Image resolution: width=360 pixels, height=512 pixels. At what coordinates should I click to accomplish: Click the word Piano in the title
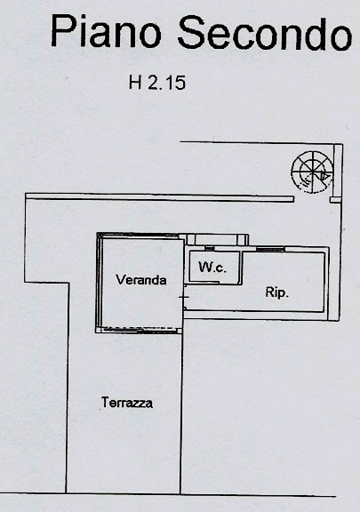coord(106,31)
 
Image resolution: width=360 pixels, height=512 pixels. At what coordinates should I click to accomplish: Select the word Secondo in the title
coord(265,33)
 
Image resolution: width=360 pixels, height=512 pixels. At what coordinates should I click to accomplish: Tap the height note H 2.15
coord(157,83)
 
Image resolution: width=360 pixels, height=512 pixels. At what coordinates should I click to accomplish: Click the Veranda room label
coord(141,280)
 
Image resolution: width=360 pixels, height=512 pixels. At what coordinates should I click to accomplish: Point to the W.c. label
coord(212,267)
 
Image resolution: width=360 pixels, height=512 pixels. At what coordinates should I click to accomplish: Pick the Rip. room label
coord(277,292)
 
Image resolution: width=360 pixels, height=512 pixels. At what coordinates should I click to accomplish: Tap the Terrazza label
coord(127,403)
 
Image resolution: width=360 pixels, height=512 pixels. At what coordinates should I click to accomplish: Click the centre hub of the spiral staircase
coord(312,172)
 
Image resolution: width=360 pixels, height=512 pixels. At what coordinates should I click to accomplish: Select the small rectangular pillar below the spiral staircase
coord(334,200)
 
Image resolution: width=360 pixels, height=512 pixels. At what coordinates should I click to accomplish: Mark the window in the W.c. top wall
coord(210,249)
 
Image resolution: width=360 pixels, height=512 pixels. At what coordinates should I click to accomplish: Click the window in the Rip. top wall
coord(270,250)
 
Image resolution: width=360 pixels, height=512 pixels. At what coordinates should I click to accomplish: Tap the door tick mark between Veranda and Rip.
coord(184,297)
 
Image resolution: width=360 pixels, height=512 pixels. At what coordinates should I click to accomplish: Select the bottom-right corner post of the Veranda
coord(179,331)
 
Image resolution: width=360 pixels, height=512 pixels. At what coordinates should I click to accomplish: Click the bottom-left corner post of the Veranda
coord(98,331)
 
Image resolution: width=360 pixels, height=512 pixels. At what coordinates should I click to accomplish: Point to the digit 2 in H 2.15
coord(153,83)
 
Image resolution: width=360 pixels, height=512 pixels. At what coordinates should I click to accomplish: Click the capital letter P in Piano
coord(61,31)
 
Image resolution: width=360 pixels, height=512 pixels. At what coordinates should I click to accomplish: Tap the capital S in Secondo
coord(191,33)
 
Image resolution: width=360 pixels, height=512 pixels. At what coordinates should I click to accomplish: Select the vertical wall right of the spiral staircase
coord(338,171)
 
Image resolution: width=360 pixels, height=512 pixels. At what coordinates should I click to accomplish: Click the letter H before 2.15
coord(135,83)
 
